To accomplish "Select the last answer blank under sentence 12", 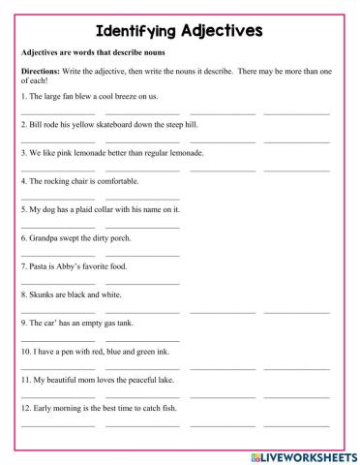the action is [295, 422].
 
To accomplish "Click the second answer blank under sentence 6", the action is [142, 254].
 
